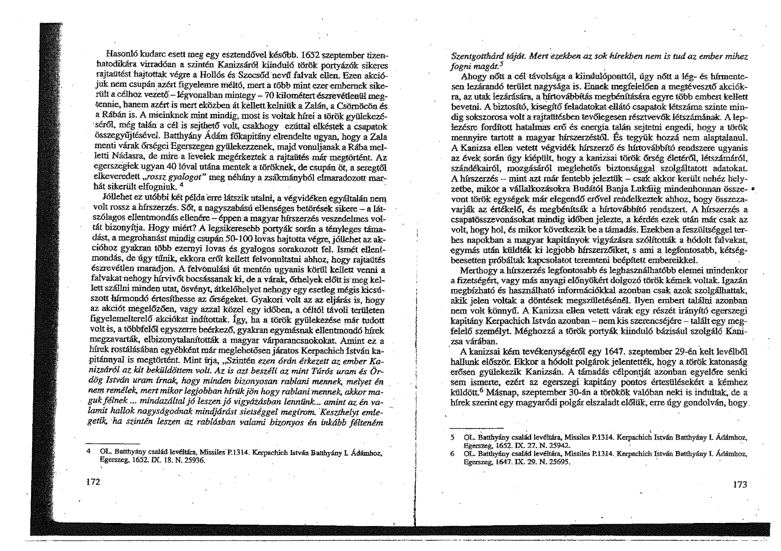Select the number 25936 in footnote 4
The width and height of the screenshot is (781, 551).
tap(191, 461)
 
